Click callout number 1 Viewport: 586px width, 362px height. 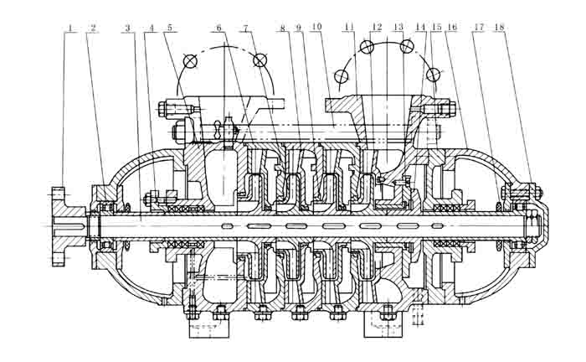point(73,28)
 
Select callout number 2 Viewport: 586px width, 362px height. point(93,28)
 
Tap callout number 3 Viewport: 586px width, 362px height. point(128,28)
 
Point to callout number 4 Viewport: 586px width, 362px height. point(152,28)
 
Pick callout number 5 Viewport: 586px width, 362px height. point(170,28)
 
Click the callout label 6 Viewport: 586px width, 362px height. point(219,28)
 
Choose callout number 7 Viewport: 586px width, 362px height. point(246,28)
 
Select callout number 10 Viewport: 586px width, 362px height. point(316,28)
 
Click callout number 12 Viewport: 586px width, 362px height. point(377,28)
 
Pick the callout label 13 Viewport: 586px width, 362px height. point(398,28)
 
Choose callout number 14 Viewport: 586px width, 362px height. point(420,28)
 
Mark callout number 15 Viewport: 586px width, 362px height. point(437,28)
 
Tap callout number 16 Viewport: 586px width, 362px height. point(452,28)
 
